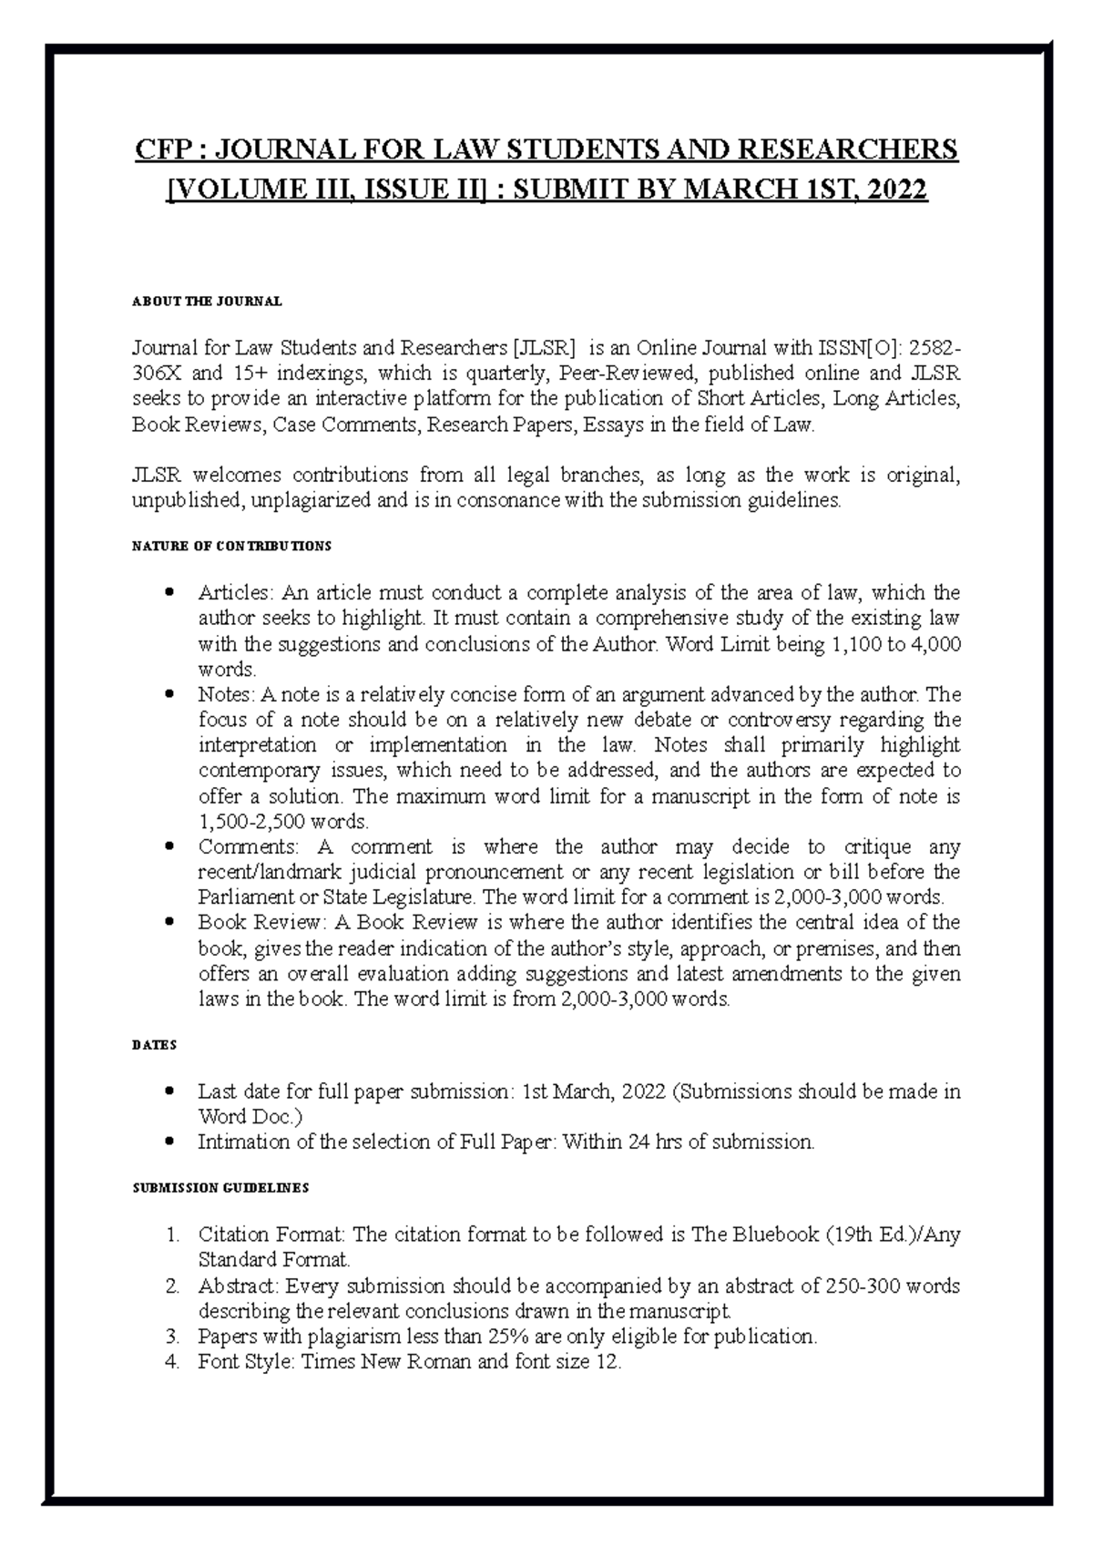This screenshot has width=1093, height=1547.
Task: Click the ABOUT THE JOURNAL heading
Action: pos(207,301)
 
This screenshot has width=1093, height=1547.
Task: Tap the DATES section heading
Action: pos(154,1045)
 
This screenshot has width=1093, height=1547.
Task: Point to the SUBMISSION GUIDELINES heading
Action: pos(220,1188)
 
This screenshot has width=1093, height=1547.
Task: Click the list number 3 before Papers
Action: pos(172,1337)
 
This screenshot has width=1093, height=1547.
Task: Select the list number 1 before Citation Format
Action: pos(172,1235)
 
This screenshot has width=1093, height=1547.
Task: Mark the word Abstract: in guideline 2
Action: pos(239,1286)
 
